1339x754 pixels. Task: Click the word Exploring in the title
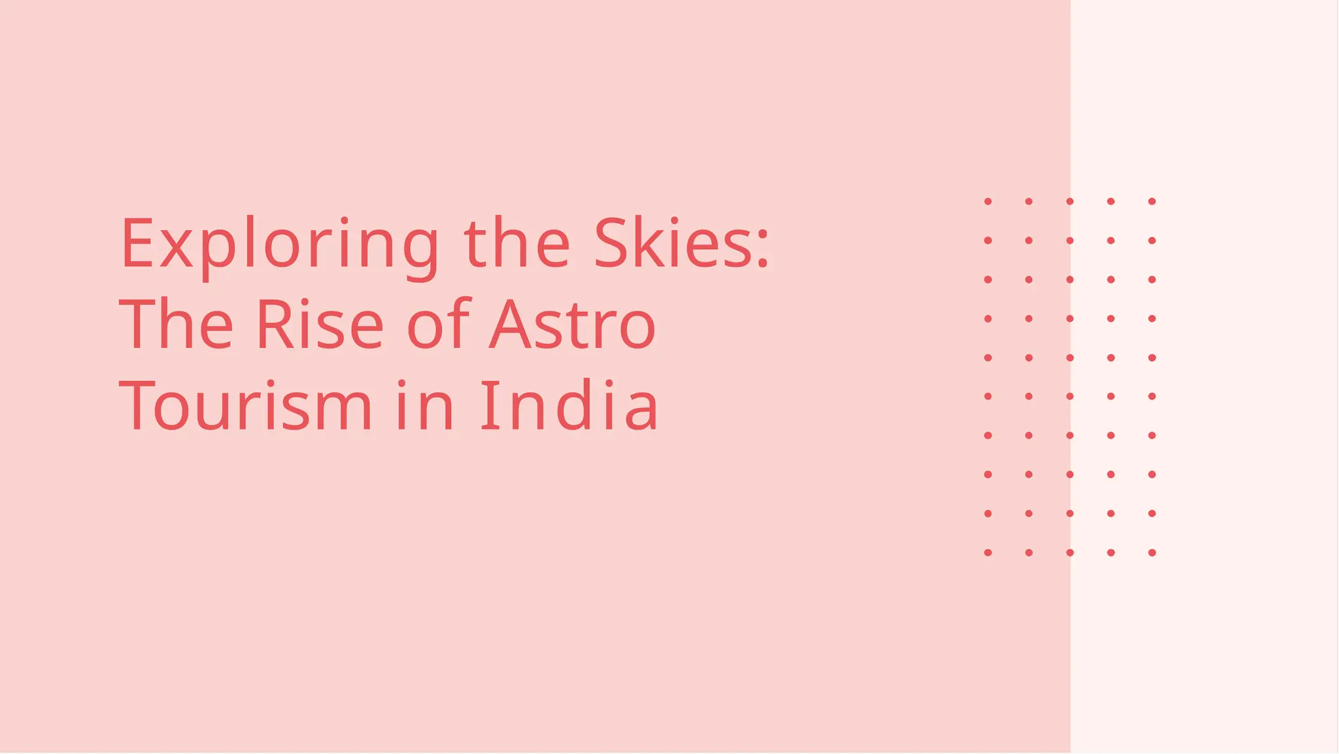280,244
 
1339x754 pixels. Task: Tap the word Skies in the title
673,244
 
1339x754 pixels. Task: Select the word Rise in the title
320,325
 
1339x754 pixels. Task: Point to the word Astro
573,325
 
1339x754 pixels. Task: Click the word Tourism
245,406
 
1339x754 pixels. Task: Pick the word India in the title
569,406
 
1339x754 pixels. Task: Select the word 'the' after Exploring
517,244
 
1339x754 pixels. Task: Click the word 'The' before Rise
176,325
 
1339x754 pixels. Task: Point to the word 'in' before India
425,406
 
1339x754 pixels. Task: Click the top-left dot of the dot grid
988,201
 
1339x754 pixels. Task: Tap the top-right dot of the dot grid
1152,201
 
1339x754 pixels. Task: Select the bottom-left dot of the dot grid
988,553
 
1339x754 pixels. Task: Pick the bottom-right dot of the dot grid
1152,553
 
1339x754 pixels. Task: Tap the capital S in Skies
611,243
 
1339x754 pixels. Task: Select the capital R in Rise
273,324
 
